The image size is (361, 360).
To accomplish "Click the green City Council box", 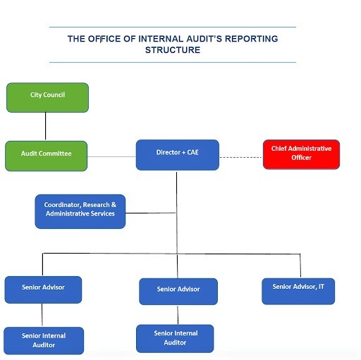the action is pyautogui.click(x=47, y=97).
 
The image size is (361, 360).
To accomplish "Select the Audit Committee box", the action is pyautogui.click(x=47, y=156).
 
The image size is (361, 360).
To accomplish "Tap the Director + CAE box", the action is pyautogui.click(x=178, y=155).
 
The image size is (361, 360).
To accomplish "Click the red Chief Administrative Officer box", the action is pyautogui.click(x=301, y=154).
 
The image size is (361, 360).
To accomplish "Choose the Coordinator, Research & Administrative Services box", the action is pyautogui.click(x=80, y=211).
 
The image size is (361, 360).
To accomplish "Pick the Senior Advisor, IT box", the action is pyautogui.click(x=298, y=291).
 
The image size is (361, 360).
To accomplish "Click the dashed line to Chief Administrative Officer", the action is pyautogui.click(x=241, y=157).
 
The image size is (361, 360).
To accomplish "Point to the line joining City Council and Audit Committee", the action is pyautogui.click(x=45, y=126).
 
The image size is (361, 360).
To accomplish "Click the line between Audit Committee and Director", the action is pyautogui.click(x=111, y=156).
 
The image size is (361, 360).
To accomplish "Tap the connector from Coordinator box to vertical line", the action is pyautogui.click(x=151, y=213).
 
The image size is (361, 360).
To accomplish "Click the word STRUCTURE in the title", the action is pyautogui.click(x=173, y=50).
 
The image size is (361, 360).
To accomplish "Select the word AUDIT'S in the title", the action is pyautogui.click(x=204, y=39).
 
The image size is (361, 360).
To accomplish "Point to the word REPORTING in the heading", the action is pyautogui.click(x=252, y=39).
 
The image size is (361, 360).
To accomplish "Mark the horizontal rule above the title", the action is pyautogui.click(x=173, y=27).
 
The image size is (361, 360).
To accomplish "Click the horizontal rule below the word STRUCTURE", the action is pyautogui.click(x=173, y=63).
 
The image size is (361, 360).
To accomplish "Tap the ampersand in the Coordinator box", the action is pyautogui.click(x=114, y=204).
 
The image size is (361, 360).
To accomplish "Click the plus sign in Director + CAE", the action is pyautogui.click(x=183, y=153).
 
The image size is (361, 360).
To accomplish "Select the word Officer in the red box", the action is pyautogui.click(x=301, y=158).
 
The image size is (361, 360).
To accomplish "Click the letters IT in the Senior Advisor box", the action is pyautogui.click(x=322, y=287).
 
